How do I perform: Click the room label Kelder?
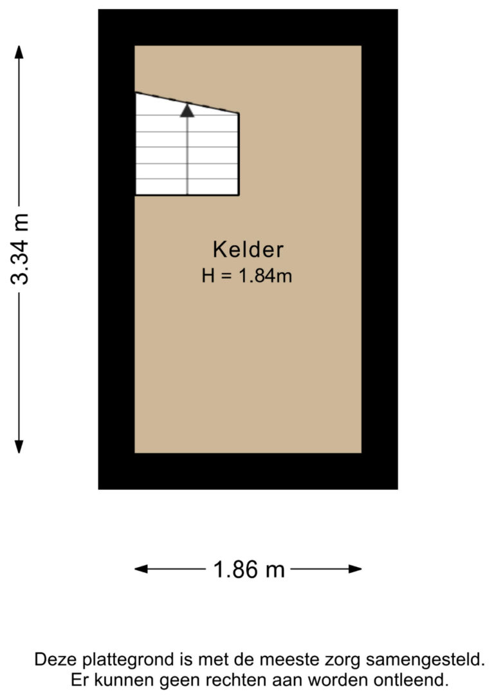coord(248,249)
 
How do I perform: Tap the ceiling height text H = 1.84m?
coord(248,276)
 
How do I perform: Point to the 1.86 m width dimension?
coord(248,569)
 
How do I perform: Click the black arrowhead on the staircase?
coord(187,111)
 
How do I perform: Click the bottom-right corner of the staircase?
coord(239,194)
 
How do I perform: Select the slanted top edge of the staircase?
coord(187,103)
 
